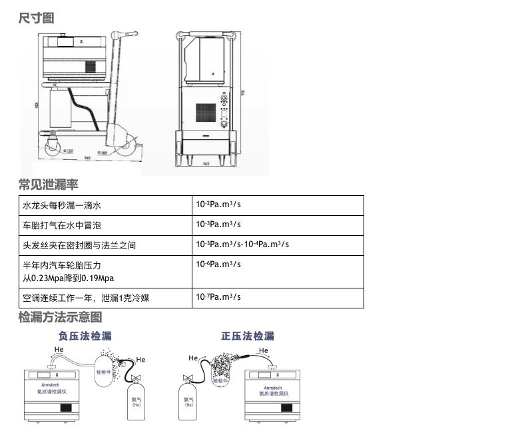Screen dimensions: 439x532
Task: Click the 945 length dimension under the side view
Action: coord(88,158)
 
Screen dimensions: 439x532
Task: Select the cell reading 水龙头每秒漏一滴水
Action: coord(62,207)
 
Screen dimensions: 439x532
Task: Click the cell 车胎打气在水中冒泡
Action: coord(62,226)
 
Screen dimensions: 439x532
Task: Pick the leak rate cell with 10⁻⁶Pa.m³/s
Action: coord(218,264)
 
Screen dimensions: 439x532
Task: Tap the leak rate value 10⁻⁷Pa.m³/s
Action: coord(218,297)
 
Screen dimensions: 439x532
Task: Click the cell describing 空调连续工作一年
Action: coord(87,298)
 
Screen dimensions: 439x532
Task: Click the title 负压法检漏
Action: coord(85,336)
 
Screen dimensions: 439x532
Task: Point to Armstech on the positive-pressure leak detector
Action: coord(273,387)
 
